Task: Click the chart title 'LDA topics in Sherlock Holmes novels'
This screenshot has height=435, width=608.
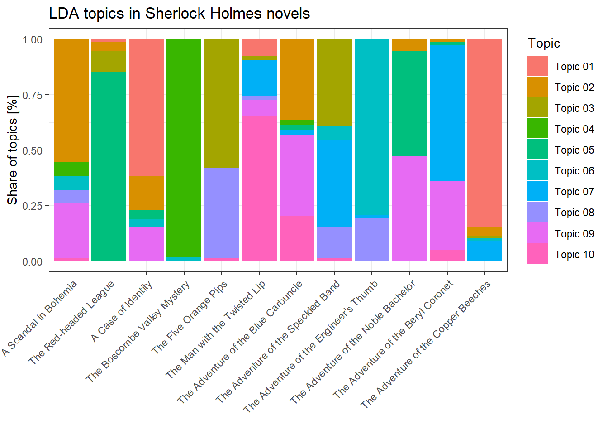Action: pyautogui.click(x=179, y=14)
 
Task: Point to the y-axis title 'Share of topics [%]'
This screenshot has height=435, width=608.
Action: pyautogui.click(x=13, y=150)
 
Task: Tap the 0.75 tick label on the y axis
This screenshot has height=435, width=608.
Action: pyautogui.click(x=33, y=95)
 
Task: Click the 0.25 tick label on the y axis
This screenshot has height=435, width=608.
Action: pyautogui.click(x=33, y=206)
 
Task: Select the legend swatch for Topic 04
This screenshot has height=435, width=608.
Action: pyautogui.click(x=537, y=129)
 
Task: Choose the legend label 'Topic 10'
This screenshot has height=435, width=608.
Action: pyautogui.click(x=574, y=255)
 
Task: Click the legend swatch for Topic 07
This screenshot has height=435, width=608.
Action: pyautogui.click(x=537, y=191)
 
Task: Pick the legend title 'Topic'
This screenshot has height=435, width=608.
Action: pyautogui.click(x=544, y=43)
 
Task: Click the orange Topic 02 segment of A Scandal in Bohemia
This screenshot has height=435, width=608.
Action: pyautogui.click(x=71, y=100)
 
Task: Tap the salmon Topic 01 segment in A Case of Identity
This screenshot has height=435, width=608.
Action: pyautogui.click(x=146, y=107)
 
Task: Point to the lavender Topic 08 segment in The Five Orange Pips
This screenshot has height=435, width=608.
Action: pyautogui.click(x=222, y=213)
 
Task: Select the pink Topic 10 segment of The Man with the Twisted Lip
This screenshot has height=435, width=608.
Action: pyautogui.click(x=259, y=188)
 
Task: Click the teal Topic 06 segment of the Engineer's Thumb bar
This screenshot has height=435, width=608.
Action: pyautogui.click(x=372, y=126)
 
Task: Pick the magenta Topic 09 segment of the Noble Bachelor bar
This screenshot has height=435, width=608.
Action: pyautogui.click(x=409, y=209)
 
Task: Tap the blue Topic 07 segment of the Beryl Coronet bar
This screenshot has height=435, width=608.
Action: pyautogui.click(x=447, y=113)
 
